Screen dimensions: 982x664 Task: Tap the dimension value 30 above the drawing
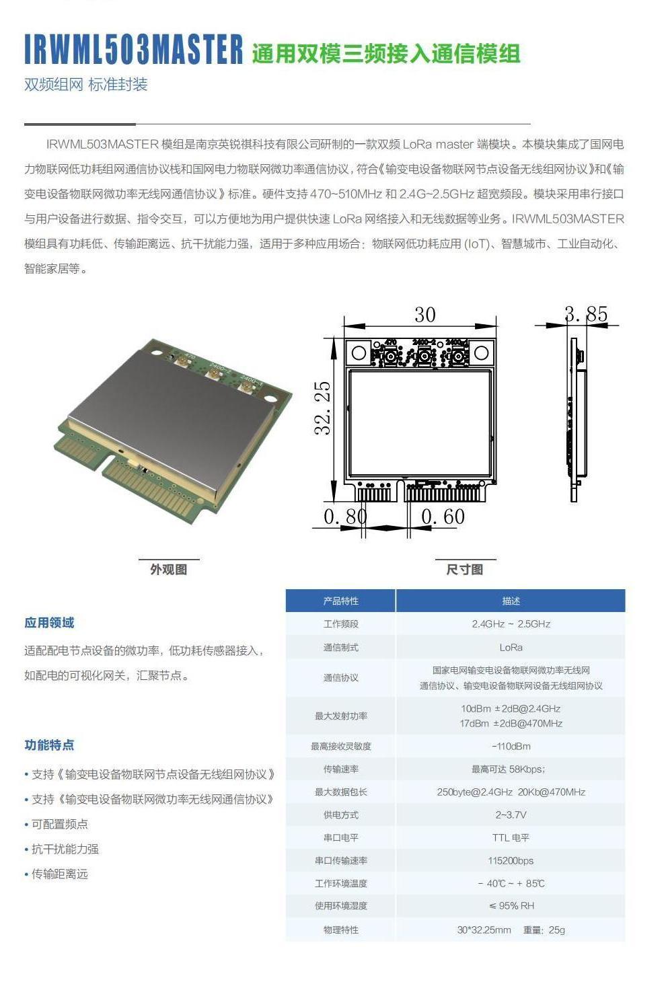[425, 315]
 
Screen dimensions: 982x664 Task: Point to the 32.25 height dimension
[324, 408]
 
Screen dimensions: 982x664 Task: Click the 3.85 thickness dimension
[585, 314]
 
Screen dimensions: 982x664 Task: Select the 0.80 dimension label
[345, 517]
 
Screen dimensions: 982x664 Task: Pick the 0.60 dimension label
[443, 517]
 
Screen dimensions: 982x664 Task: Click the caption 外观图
[168, 569]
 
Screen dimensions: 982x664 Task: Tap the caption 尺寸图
[464, 569]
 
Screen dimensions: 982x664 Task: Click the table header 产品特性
[340, 601]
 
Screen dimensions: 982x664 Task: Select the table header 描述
[511, 601]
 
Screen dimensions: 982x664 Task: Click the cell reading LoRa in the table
[511, 647]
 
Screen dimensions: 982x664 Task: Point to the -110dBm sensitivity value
[511, 746]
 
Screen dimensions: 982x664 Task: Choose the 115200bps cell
[511, 860]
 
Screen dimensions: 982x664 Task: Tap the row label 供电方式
[340, 815]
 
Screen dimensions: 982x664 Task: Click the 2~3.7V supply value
[511, 815]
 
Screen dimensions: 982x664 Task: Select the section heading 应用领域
[49, 623]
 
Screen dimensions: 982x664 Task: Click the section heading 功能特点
[49, 745]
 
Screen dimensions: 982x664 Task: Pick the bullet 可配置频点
[59, 824]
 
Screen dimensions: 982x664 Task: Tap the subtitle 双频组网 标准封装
[85, 85]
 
